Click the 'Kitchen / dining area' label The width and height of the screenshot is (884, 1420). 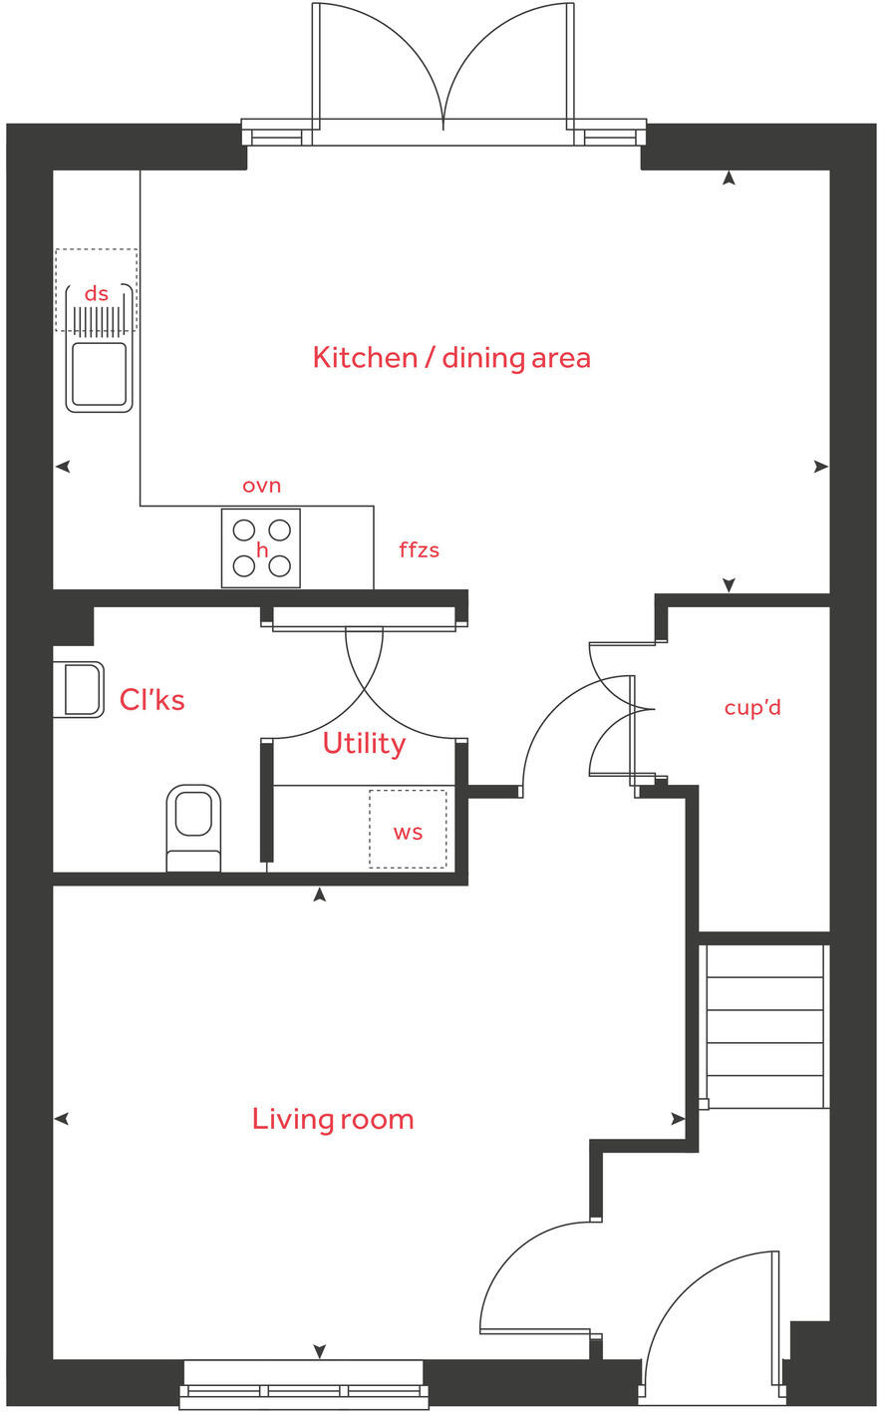point(451,358)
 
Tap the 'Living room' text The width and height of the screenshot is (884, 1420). point(333,1119)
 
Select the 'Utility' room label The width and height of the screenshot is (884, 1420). point(364,744)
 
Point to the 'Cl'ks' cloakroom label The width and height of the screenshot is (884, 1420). point(151,700)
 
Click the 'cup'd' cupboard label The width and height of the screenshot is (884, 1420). point(752,708)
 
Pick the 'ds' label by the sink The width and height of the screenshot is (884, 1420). point(97,293)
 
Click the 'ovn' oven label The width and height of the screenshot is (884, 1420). point(262,486)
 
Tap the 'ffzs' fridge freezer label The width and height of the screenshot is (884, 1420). point(419,549)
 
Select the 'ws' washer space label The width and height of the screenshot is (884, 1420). point(408,832)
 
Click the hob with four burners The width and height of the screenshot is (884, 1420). point(261,548)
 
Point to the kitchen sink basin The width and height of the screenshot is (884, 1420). point(99,374)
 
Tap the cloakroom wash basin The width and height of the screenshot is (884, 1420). point(81,689)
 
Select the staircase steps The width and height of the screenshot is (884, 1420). point(764,1027)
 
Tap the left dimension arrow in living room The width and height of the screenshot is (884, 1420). point(61,1119)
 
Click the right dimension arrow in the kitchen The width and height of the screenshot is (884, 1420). point(820,466)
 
